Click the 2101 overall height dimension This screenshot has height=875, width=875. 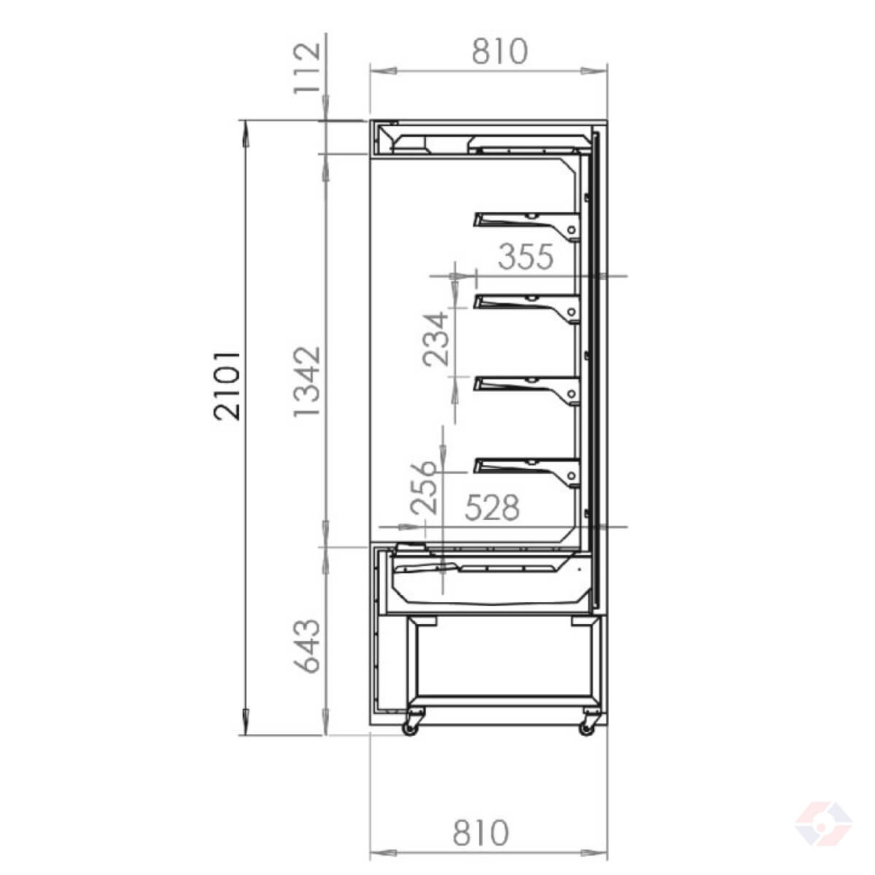click(x=227, y=385)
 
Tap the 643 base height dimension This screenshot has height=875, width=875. click(x=306, y=645)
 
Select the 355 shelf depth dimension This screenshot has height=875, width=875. click(x=526, y=257)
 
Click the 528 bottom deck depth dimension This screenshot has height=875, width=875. click(x=492, y=507)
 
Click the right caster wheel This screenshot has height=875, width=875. click(x=587, y=726)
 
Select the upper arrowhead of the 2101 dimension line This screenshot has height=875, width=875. click(x=245, y=128)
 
